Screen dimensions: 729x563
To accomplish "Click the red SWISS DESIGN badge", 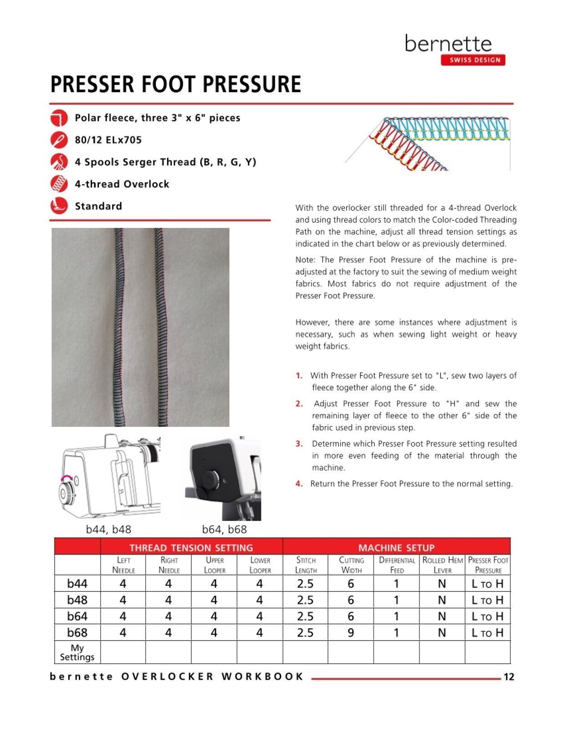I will pyautogui.click(x=473, y=60).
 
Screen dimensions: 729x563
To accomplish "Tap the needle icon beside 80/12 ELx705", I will pyautogui.click(x=59, y=139).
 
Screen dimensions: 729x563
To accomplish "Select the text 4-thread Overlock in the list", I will pyautogui.click(x=122, y=184).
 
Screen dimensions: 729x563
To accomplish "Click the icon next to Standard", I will pyautogui.click(x=59, y=206).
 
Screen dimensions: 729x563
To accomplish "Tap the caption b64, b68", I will pyautogui.click(x=224, y=529).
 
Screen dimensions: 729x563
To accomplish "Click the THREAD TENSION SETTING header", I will pyautogui.click(x=191, y=548).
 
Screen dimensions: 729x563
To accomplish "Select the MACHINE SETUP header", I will pyautogui.click(x=396, y=548).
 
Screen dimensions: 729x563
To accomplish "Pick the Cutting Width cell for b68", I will pyautogui.click(x=350, y=632).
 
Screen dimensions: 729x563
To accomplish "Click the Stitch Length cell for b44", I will pyautogui.click(x=305, y=584).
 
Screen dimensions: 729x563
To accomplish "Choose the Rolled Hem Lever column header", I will pyautogui.click(x=442, y=565).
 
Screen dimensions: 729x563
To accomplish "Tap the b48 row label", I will pyautogui.click(x=77, y=600).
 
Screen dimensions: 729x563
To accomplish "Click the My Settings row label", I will pyautogui.click(x=77, y=652).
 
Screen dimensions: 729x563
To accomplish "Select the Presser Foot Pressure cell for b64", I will pyautogui.click(x=487, y=616).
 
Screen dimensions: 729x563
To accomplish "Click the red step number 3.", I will pyautogui.click(x=299, y=444).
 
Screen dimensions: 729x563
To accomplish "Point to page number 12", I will pyautogui.click(x=508, y=677).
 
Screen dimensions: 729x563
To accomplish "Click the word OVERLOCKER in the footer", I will pyautogui.click(x=168, y=677).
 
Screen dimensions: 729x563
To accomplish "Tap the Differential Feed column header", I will pyautogui.click(x=396, y=565).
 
